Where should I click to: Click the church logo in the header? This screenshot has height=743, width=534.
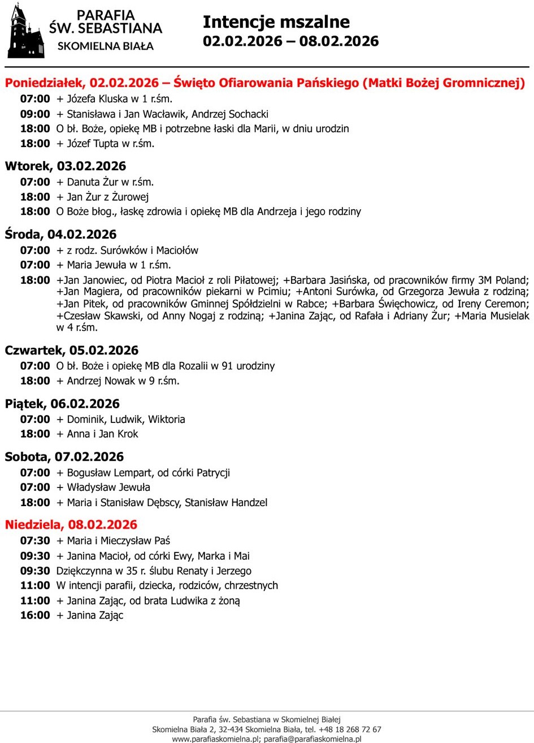[25, 31]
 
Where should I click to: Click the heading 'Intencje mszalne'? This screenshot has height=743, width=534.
[276, 22]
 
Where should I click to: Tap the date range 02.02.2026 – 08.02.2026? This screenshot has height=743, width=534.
[290, 41]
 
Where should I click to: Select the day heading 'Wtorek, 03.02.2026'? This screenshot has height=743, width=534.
[66, 166]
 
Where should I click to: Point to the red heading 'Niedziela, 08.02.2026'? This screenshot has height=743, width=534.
[71, 525]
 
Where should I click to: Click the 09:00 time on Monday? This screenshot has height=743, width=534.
[35, 114]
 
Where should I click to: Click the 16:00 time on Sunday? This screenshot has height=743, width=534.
[35, 615]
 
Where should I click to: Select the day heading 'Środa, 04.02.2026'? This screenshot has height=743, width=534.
[60, 235]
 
